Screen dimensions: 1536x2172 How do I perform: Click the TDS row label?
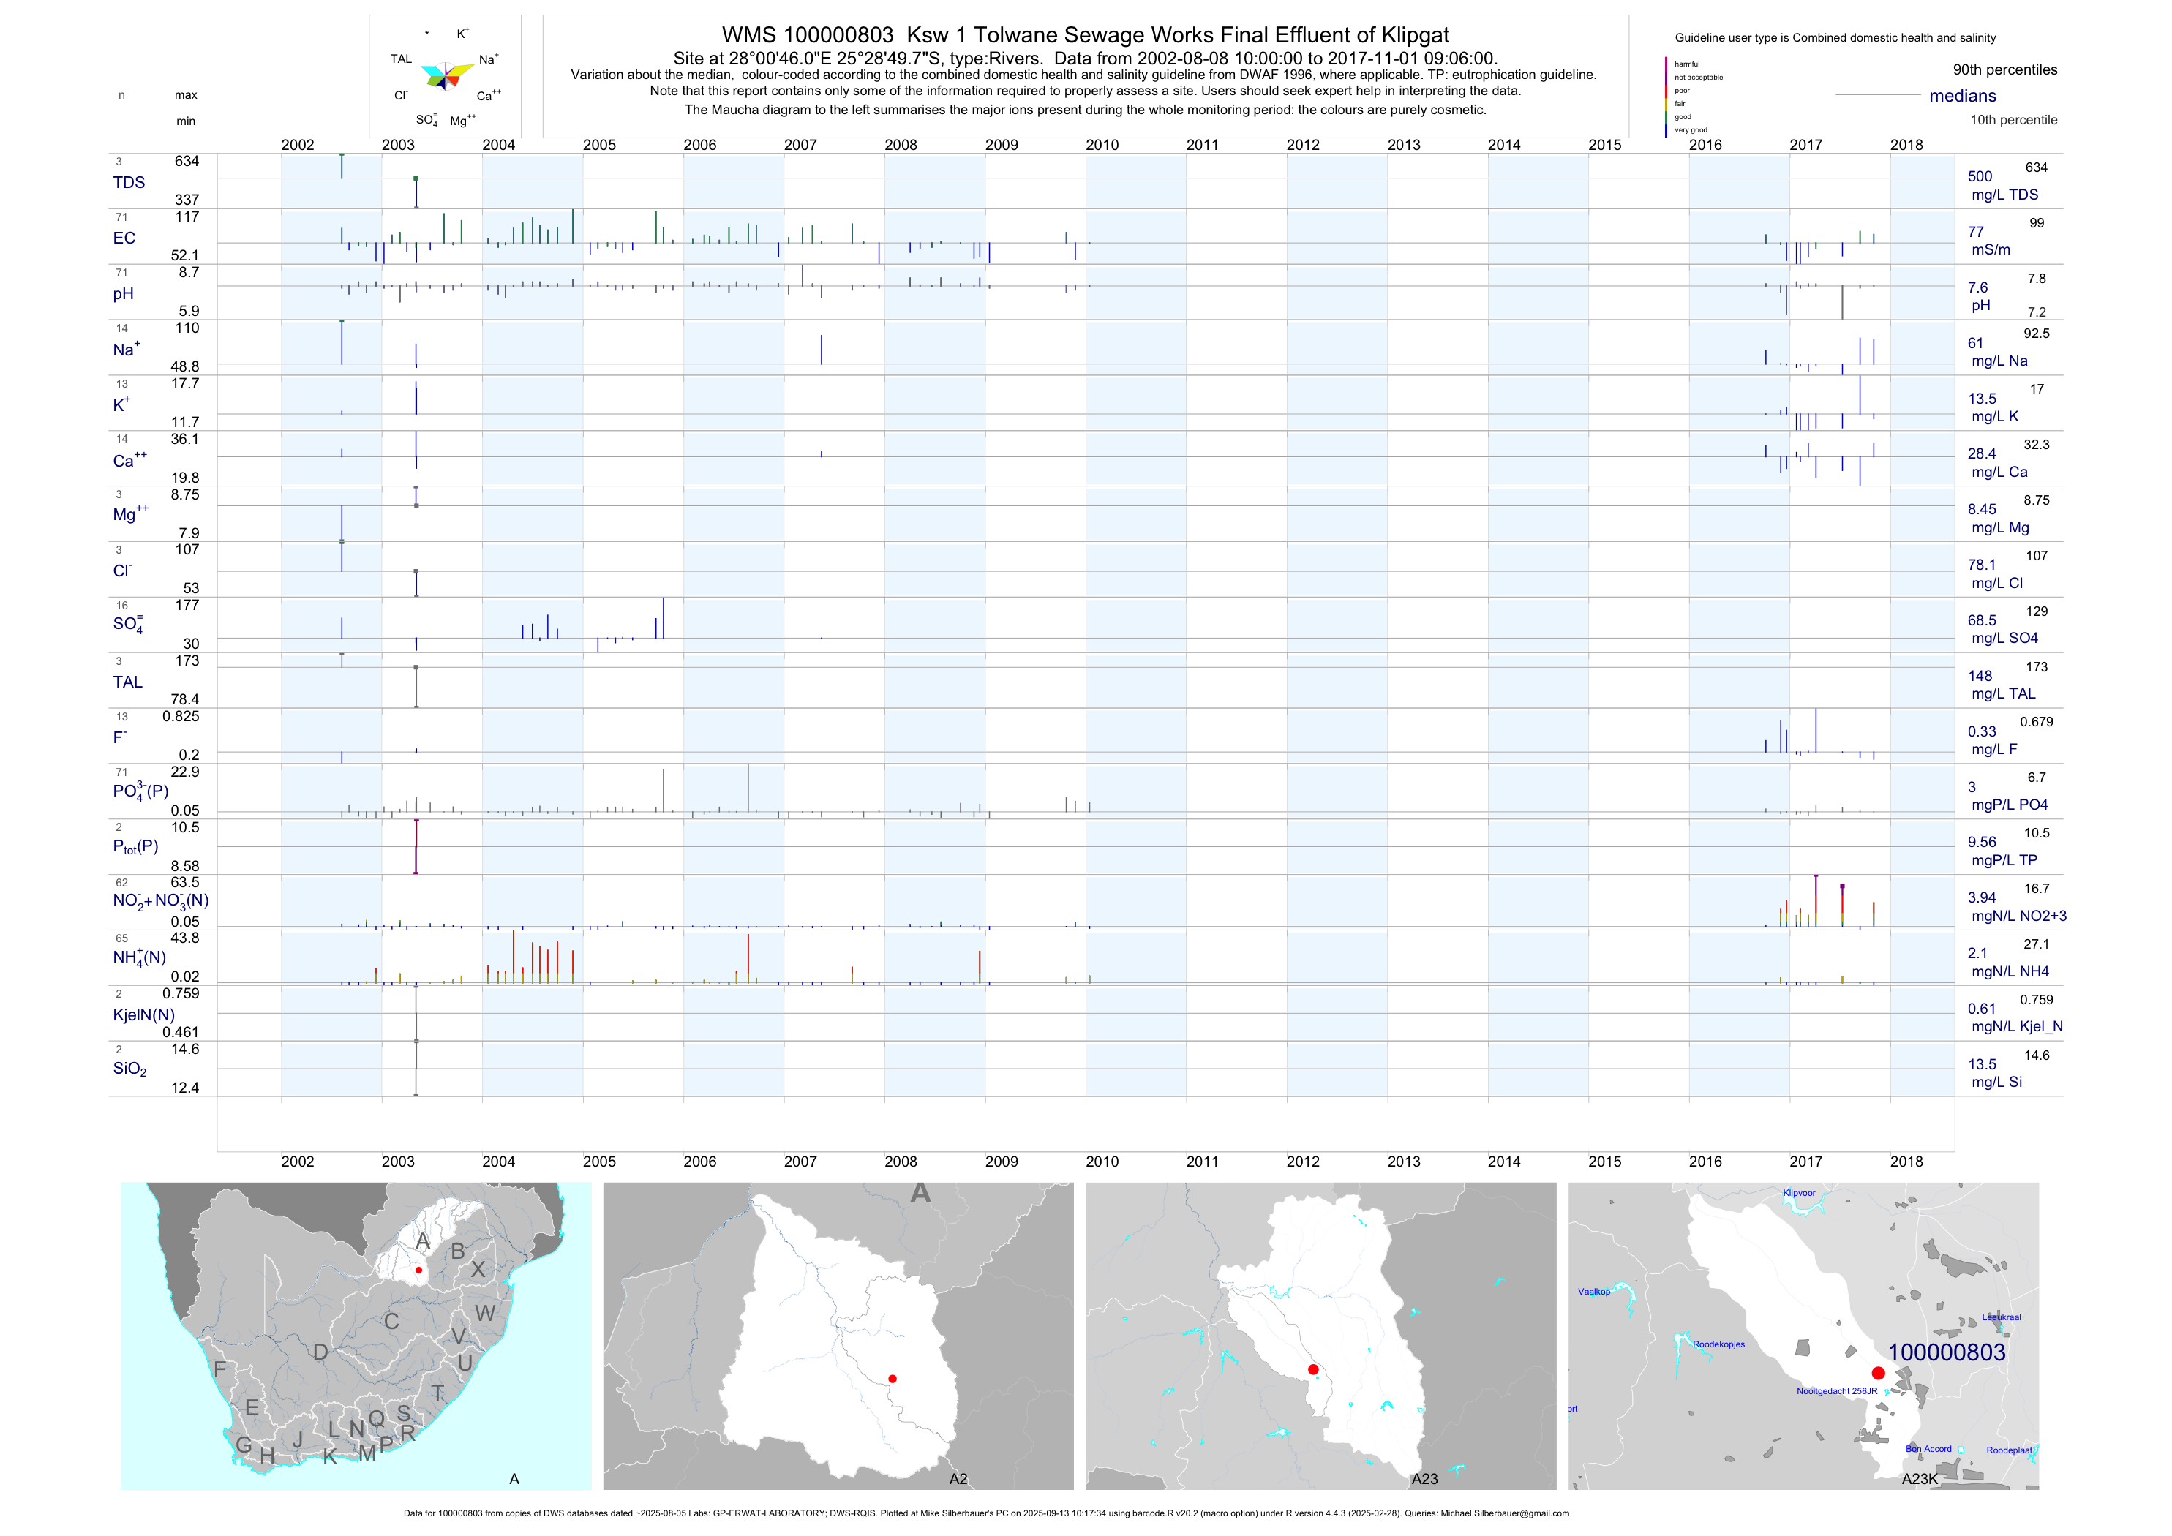(129, 183)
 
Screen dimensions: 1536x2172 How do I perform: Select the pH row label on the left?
(123, 294)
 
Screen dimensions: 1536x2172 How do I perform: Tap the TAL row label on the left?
(128, 682)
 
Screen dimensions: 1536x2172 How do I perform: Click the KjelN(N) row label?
(144, 1015)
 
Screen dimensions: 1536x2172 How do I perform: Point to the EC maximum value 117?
(187, 217)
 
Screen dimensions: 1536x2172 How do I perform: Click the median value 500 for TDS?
(1979, 177)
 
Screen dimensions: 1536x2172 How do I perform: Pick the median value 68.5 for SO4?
(1982, 620)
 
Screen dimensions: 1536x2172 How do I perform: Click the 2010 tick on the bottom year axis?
(1102, 1162)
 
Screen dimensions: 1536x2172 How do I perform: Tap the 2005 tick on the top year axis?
(599, 145)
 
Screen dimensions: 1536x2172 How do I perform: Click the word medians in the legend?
(1962, 97)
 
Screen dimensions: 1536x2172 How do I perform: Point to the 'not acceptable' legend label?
(1698, 78)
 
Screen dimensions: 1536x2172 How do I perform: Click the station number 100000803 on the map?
(1946, 1352)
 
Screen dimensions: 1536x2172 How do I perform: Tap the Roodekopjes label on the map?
(1719, 1344)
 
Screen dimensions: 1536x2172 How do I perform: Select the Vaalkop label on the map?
(1594, 1292)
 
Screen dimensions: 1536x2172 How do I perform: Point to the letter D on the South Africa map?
(320, 1352)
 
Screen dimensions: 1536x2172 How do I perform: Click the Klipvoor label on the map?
(1800, 1193)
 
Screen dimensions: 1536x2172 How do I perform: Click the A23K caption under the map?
(1920, 1479)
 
